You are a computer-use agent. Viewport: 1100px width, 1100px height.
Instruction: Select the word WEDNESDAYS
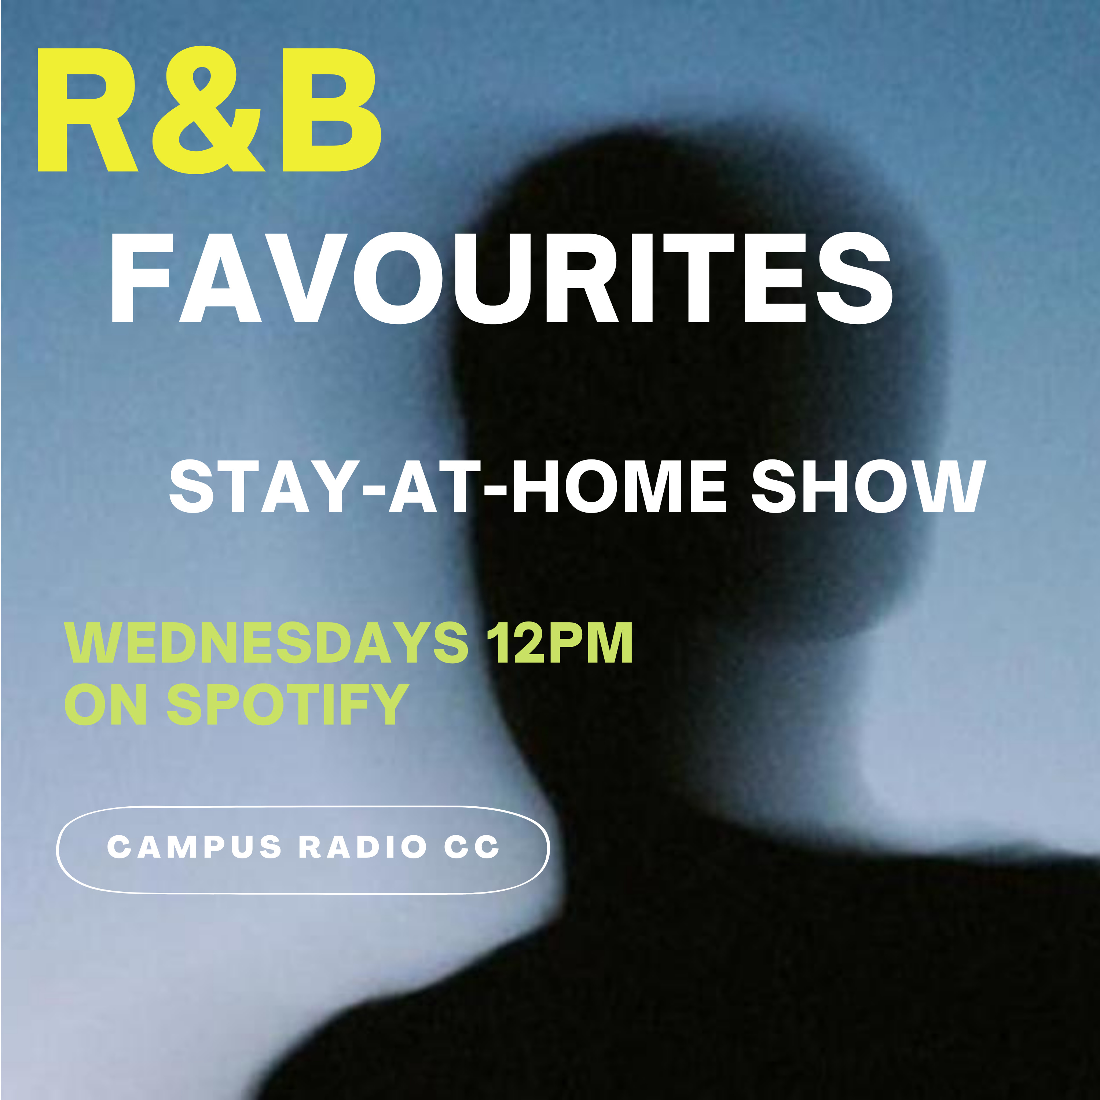pyautogui.click(x=267, y=643)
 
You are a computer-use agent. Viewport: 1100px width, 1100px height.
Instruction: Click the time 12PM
pyautogui.click(x=560, y=643)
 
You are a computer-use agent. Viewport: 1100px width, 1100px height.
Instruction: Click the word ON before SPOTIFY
pyautogui.click(x=106, y=704)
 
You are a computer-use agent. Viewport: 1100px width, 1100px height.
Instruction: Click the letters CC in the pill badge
pyautogui.click(x=472, y=847)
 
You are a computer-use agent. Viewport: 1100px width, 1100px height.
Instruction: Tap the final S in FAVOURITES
pyautogui.click(x=854, y=278)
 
